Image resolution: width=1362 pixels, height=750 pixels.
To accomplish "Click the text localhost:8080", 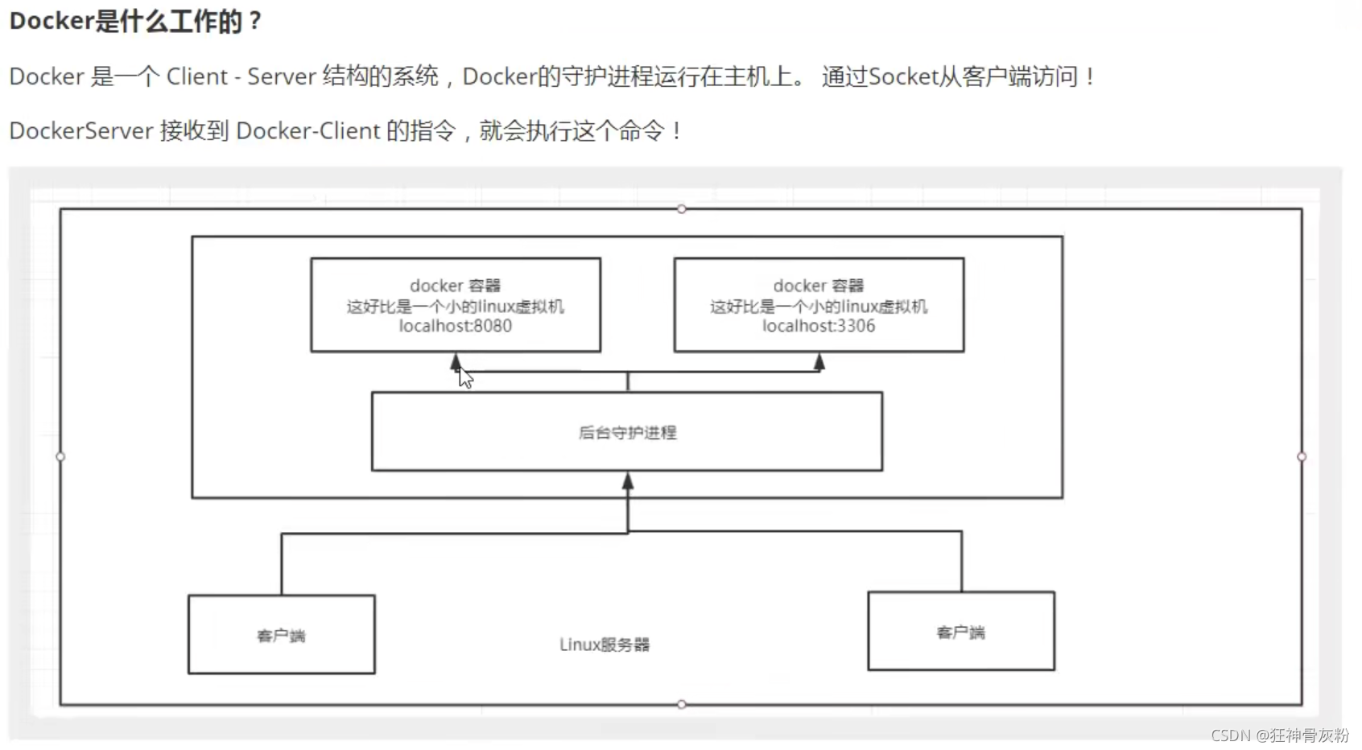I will pyautogui.click(x=455, y=326).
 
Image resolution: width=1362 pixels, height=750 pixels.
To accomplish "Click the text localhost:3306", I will pyautogui.click(x=818, y=326).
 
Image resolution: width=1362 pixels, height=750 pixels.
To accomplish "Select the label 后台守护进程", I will pyautogui.click(x=627, y=433).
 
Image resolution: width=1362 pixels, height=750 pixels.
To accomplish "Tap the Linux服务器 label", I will pyautogui.click(x=605, y=645).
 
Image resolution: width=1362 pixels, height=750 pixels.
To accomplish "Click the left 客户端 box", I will pyautogui.click(x=281, y=635).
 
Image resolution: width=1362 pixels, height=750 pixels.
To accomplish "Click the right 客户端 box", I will pyautogui.click(x=960, y=632).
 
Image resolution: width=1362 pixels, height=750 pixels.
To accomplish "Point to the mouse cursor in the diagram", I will pyautogui.click(x=465, y=377).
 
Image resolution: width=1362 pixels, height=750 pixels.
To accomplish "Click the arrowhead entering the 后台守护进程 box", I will pyautogui.click(x=628, y=481).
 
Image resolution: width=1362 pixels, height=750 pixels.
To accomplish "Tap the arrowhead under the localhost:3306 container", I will pyautogui.click(x=819, y=362).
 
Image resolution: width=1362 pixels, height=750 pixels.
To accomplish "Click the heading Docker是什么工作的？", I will pyautogui.click(x=135, y=21).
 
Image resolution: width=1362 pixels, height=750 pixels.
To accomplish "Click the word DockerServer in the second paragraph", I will pyautogui.click(x=80, y=130).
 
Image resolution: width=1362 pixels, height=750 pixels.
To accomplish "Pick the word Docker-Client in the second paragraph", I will pyautogui.click(x=307, y=130).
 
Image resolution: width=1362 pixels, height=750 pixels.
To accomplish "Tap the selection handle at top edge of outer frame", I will pyautogui.click(x=682, y=209).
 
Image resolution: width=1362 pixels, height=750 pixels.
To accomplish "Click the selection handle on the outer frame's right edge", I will pyautogui.click(x=1302, y=456).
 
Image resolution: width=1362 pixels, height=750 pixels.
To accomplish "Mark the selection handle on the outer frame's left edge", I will pyautogui.click(x=60, y=456).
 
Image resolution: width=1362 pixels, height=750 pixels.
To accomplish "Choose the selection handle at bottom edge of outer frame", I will pyautogui.click(x=682, y=704).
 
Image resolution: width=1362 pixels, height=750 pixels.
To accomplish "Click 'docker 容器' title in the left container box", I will pyautogui.click(x=455, y=286).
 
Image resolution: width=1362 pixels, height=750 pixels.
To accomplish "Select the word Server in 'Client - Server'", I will pyautogui.click(x=281, y=76).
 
